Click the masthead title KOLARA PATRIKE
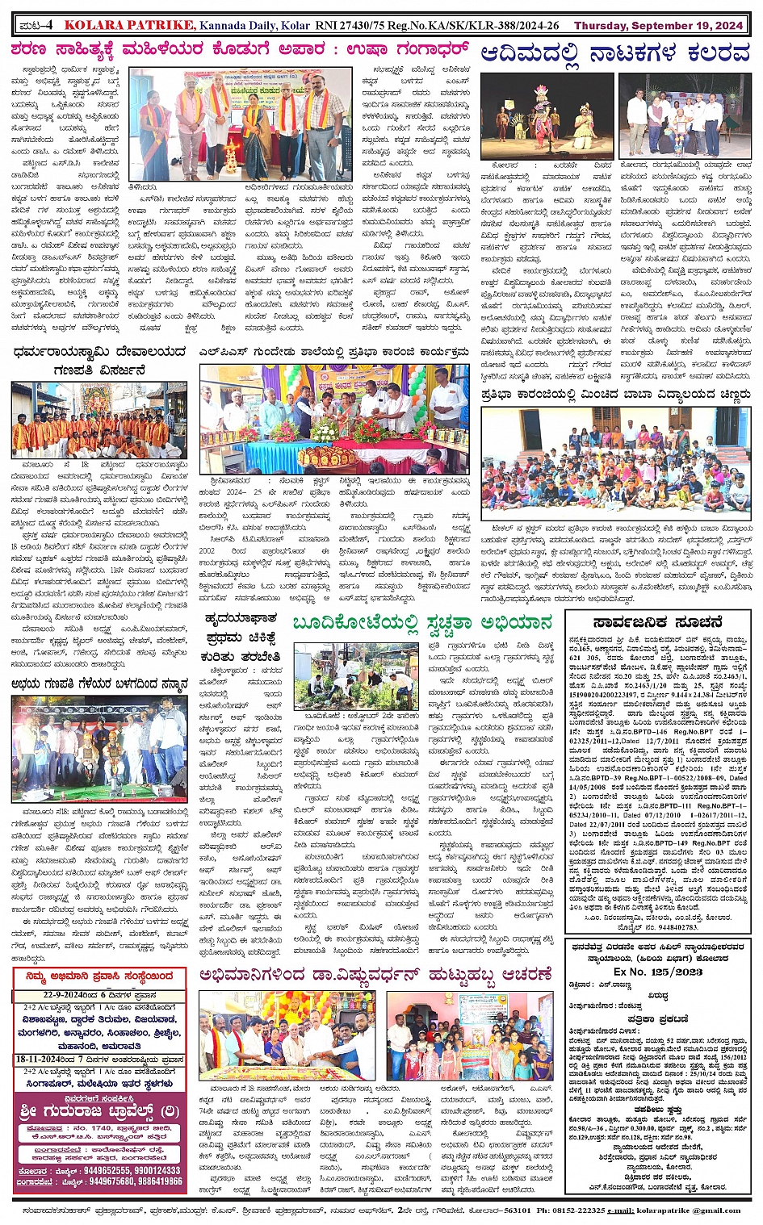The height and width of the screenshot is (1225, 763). (129, 25)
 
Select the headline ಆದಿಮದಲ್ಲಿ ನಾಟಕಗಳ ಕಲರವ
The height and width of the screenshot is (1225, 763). (615, 54)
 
